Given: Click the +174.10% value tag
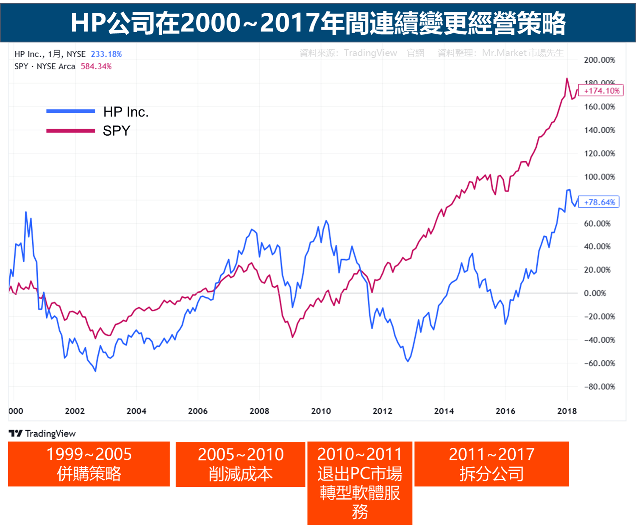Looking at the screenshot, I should tap(601, 90).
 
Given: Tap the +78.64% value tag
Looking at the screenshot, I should tap(599, 202).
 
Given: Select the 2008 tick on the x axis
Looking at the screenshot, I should tap(259, 411).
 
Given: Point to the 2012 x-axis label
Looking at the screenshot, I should tap(382, 411).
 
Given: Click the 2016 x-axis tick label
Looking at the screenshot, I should tap(505, 411).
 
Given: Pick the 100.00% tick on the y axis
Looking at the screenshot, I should tap(599, 177).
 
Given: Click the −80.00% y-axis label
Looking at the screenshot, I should tap(599, 387).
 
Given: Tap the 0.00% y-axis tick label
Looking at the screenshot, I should tap(595, 293).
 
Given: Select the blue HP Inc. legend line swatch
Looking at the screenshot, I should tap(70, 112).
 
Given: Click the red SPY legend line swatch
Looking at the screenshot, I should tap(70, 131).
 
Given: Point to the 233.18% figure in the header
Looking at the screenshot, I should tap(106, 54).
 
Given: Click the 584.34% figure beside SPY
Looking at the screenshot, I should tap(96, 67).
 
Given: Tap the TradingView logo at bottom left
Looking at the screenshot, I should tap(42, 433).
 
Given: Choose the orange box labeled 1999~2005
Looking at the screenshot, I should tap(89, 464).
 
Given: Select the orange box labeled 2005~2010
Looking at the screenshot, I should tap(240, 464).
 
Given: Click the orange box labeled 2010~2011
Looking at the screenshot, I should tap(360, 483).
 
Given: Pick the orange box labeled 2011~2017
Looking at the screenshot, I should tap(492, 464).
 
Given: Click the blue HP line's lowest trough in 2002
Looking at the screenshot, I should tap(95, 371).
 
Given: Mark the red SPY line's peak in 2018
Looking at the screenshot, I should tap(567, 78).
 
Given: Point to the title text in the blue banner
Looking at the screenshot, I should tap(318, 22).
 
